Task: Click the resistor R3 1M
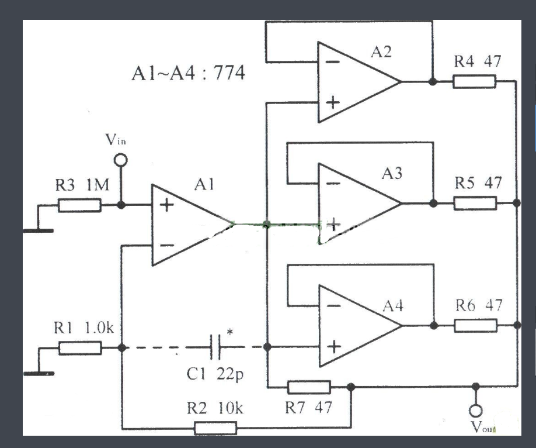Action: click(79, 205)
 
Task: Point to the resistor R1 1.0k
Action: click(80, 349)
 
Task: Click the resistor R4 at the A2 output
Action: click(475, 82)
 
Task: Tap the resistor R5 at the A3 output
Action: click(475, 204)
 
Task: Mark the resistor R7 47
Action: click(309, 387)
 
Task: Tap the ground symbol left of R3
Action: click(38, 230)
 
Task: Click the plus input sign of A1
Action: click(166, 205)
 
